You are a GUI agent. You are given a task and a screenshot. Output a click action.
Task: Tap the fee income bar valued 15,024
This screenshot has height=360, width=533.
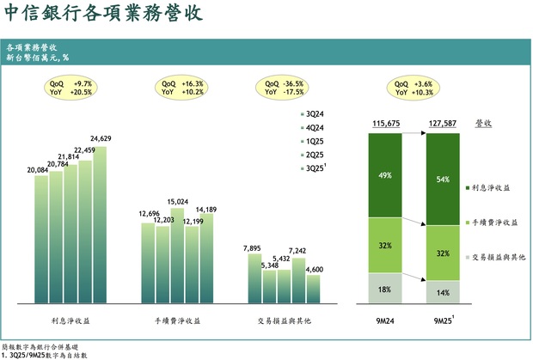pyautogui.click(x=177, y=254)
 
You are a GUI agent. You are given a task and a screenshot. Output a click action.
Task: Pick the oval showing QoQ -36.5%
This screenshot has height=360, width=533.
pyautogui.click(x=285, y=88)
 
